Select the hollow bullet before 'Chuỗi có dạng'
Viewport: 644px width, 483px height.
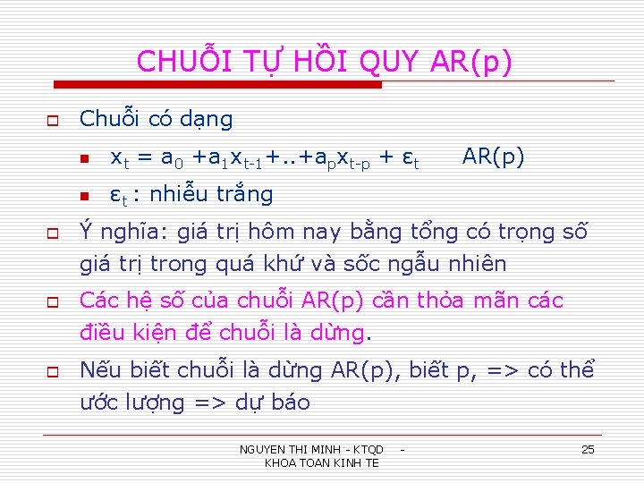pos(53,120)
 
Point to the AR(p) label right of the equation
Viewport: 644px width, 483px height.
pos(493,157)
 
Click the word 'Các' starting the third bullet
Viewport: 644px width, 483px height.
pos(98,301)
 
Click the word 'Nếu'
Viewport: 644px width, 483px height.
pos(98,369)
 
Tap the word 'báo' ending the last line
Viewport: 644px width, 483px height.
pos(288,402)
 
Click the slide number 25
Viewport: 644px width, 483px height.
pos(588,449)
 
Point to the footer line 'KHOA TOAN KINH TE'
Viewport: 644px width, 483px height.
pos(322,462)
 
